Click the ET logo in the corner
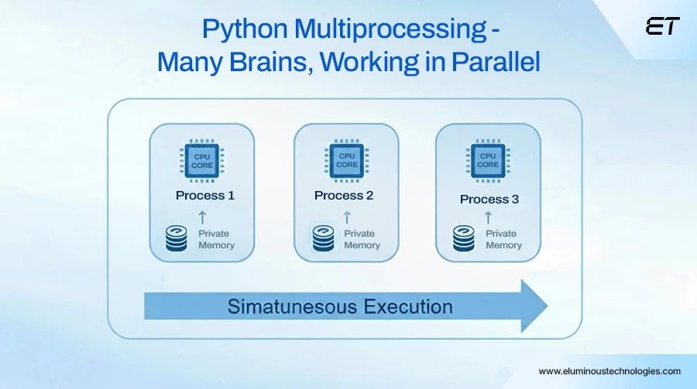click(x=662, y=26)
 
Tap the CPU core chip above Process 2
click(x=347, y=159)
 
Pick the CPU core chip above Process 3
click(x=488, y=160)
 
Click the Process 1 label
click(x=205, y=196)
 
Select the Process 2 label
click(x=344, y=196)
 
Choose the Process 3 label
click(x=489, y=200)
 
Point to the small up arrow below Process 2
click(x=347, y=217)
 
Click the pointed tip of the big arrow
click(x=546, y=306)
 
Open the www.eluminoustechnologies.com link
click(x=609, y=371)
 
